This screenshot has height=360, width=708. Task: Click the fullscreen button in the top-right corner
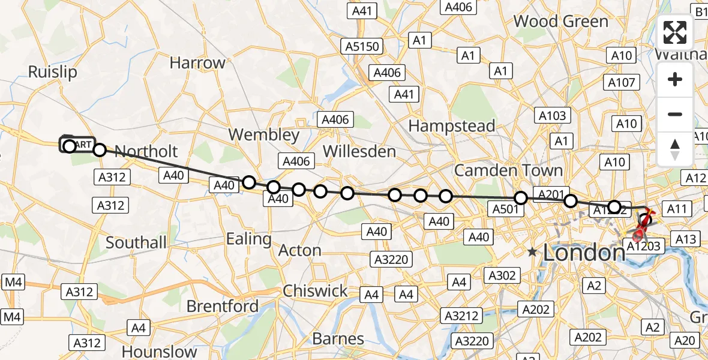[675, 33]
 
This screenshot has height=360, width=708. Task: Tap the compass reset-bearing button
[675, 149]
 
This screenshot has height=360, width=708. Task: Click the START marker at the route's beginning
[77, 145]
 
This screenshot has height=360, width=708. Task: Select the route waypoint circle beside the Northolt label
[100, 150]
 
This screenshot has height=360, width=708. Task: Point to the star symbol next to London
[532, 253]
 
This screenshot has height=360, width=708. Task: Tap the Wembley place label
[264, 135]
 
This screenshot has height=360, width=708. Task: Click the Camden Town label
[508, 170]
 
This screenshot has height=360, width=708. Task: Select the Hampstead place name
[451, 126]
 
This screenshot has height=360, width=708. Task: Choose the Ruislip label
[53, 73]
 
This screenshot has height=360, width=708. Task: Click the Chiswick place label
[315, 291]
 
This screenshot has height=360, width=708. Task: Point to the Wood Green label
[560, 22]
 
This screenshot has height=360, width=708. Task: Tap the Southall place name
[136, 242]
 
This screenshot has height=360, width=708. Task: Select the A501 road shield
[505, 208]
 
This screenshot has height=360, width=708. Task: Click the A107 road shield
[621, 83]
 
